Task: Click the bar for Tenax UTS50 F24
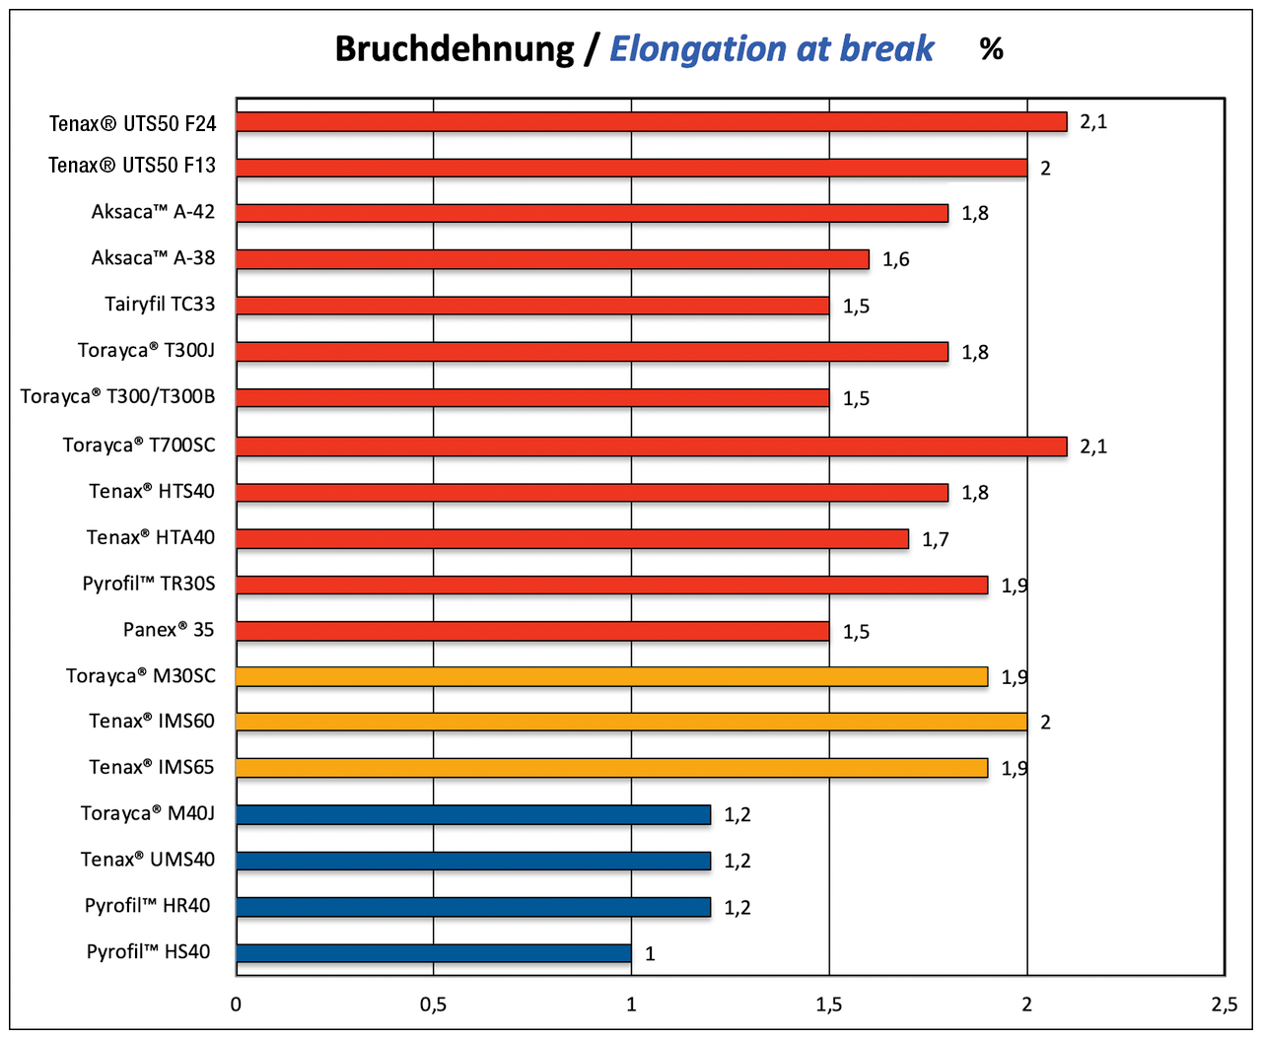[651, 121]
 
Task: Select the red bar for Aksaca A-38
[552, 259]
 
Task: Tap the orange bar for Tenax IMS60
[631, 722]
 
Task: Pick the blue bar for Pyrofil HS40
[434, 953]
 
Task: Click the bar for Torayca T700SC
[651, 446]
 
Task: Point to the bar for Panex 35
[532, 631]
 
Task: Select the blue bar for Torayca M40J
[473, 814]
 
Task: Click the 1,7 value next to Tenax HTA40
[936, 539]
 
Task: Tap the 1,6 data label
[895, 259]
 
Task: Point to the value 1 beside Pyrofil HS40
[650, 953]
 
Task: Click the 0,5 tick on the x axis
[433, 1004]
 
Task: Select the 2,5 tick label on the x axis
[1224, 1004]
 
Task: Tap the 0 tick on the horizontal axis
[236, 1004]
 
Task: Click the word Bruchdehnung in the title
[455, 49]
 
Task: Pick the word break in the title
[886, 49]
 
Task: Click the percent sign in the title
[992, 49]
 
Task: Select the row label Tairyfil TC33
[160, 304]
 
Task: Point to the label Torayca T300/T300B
[117, 396]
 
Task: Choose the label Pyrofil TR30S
[149, 584]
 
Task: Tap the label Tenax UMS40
[148, 860]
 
